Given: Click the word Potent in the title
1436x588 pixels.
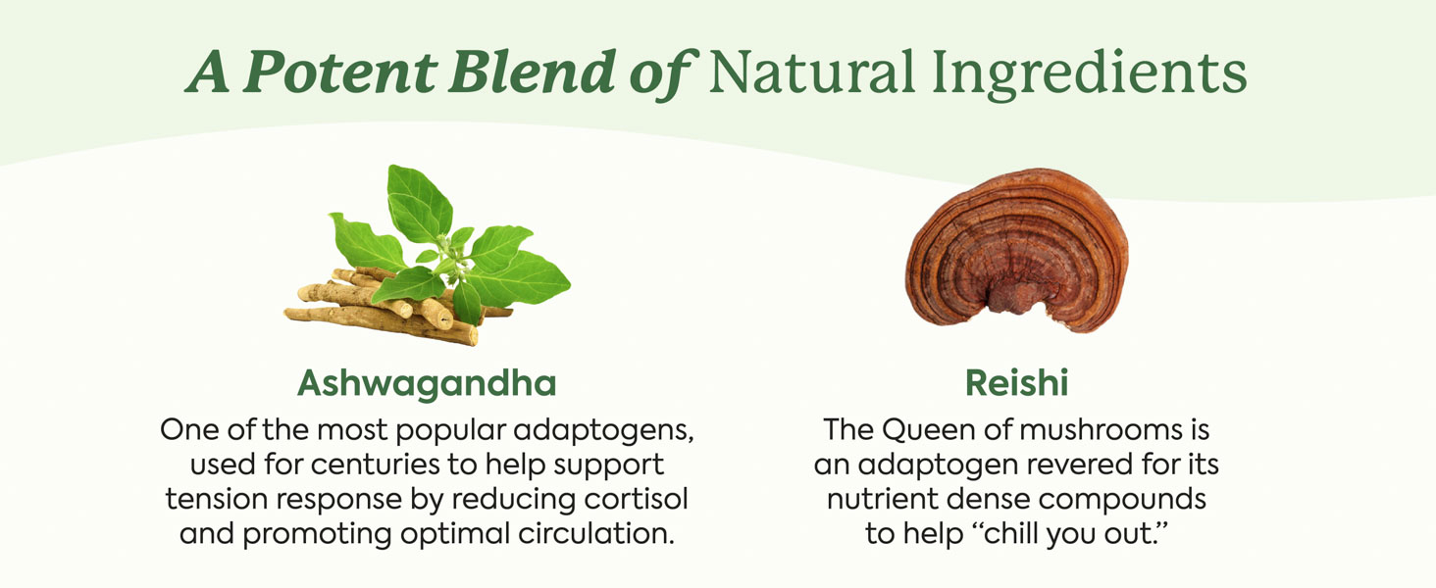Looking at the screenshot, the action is [x=340, y=72].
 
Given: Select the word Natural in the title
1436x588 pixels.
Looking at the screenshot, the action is [x=811, y=72].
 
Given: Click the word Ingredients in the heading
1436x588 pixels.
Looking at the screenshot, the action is [x=1089, y=74].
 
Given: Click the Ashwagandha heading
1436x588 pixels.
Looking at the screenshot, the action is [x=427, y=384].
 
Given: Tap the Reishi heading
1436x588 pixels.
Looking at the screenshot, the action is [x=1017, y=383].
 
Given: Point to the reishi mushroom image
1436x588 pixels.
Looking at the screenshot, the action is [x=1017, y=250].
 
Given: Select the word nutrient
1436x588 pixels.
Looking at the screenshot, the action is [x=882, y=499].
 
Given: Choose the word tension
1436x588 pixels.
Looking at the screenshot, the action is [x=216, y=499].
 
